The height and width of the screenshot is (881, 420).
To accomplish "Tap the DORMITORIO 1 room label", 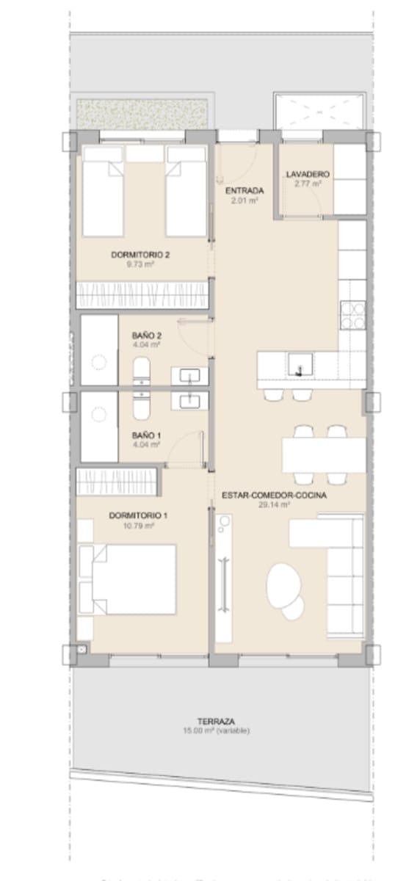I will pos(138,516).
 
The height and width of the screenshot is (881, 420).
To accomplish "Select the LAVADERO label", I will pos(307,175).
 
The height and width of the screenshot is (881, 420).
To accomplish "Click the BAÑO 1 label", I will pos(147,435).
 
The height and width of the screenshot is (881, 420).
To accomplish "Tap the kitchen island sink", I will pos(300,363).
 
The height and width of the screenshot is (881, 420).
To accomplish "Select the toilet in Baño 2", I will pos(141,371).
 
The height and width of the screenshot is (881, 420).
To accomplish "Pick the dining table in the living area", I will pos(324,455).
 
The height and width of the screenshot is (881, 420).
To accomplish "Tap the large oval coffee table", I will pos(282,584).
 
